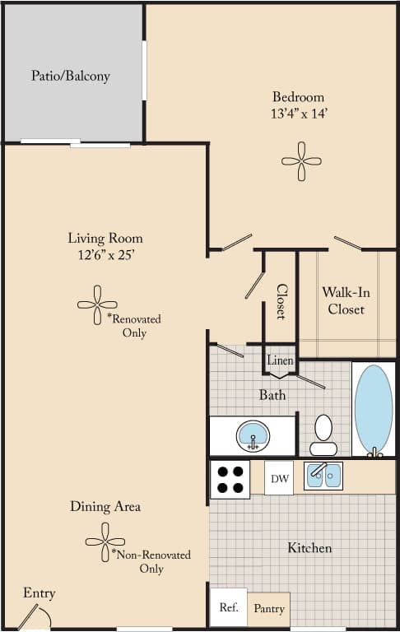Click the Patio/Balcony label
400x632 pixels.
point(70,77)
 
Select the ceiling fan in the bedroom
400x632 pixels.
point(301,160)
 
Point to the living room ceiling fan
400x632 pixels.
point(97,304)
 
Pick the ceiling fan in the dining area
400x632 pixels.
point(105,541)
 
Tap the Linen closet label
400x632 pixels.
point(279,360)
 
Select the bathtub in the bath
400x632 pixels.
point(374,409)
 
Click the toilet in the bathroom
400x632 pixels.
point(323,434)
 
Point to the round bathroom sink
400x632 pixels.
point(253,434)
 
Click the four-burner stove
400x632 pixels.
point(230,479)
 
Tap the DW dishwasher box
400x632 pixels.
point(278,477)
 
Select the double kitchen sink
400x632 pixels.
point(323,476)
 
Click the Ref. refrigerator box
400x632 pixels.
point(228,607)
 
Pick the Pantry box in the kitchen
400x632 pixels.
point(268,608)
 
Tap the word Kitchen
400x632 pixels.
point(309,547)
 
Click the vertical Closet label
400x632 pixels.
point(281,301)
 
